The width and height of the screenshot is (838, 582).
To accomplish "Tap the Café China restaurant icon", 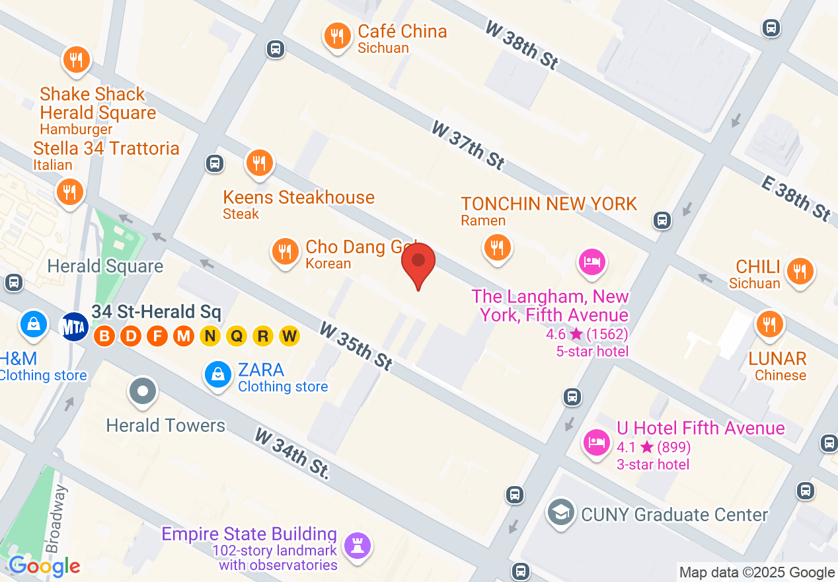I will click(x=338, y=36).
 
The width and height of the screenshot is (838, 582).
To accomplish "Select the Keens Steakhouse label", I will click(x=299, y=197).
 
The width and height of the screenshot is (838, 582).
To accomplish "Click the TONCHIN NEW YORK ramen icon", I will click(x=497, y=248).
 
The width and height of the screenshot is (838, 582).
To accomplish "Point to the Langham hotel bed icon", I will click(x=591, y=262).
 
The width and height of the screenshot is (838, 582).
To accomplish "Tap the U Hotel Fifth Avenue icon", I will click(x=597, y=442).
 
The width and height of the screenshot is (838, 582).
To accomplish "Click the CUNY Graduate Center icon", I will click(x=561, y=513).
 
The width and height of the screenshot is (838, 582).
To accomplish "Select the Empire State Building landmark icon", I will click(x=358, y=546).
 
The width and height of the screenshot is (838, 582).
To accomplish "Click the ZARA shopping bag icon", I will click(x=217, y=375).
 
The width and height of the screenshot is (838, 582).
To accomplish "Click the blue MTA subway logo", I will click(x=74, y=326).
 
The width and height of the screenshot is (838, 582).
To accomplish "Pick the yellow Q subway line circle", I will click(x=237, y=337).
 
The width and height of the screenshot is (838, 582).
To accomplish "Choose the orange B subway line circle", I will click(x=104, y=337).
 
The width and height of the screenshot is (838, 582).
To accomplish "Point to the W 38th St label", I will click(x=522, y=45).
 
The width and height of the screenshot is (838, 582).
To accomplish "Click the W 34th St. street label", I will click(x=292, y=454).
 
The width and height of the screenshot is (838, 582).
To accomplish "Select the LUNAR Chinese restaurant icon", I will click(x=769, y=324).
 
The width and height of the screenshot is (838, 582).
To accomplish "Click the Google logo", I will click(x=44, y=566).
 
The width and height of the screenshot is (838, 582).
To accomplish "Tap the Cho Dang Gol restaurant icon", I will click(x=285, y=251).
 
